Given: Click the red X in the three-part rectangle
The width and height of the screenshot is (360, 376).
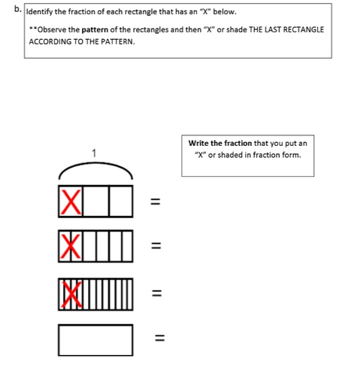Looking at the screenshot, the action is click(71, 202).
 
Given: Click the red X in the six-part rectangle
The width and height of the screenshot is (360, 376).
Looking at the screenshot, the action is click(71, 247).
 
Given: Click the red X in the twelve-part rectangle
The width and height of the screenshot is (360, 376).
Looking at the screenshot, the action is click(72, 295).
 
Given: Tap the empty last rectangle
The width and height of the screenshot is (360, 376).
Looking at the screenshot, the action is click(95, 340).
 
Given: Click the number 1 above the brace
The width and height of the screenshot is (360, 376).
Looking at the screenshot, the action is click(94, 153).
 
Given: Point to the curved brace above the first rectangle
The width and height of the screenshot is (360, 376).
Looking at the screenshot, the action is click(95, 164).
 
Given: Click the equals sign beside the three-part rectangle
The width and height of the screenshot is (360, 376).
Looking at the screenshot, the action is click(155, 202).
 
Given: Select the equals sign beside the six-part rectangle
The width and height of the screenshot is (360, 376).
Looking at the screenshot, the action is click(156, 246).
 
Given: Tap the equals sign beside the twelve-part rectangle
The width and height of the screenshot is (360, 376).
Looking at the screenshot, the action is click(157, 293).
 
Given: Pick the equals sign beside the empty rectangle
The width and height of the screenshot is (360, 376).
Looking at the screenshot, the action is click(160, 338).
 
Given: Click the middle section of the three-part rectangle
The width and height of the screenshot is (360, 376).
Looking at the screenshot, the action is click(96, 201).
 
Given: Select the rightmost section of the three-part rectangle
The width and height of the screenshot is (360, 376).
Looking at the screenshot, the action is click(121, 201).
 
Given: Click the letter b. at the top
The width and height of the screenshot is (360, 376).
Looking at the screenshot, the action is click(17, 9).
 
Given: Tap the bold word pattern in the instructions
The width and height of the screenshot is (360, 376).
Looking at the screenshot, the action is click(95, 30).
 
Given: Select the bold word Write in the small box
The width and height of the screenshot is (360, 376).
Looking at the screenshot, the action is click(198, 143).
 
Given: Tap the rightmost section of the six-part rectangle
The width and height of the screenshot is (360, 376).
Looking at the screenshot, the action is click(127, 246).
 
